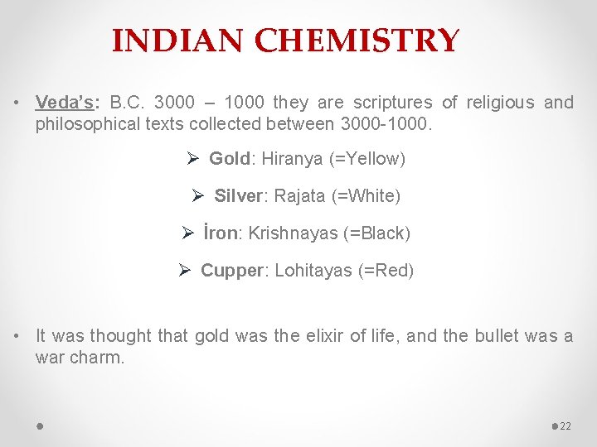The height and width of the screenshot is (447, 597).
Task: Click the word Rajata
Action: click(x=301, y=196)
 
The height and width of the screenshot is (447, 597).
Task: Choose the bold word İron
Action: click(x=221, y=233)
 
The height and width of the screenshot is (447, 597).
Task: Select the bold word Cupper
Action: click(x=233, y=271)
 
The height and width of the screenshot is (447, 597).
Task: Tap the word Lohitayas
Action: click(x=313, y=271)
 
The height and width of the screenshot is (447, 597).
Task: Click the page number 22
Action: click(x=566, y=425)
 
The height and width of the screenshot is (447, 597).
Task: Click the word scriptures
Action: click(x=393, y=103)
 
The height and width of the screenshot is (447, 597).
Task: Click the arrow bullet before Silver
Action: click(x=197, y=196)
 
